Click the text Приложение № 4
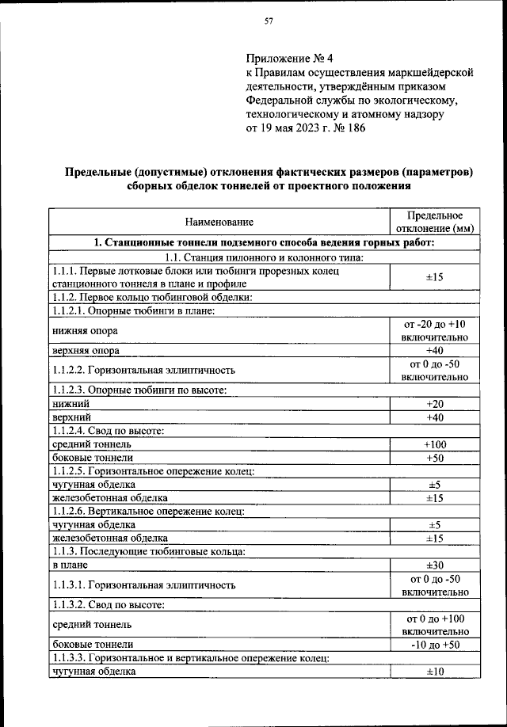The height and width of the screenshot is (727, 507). click(x=288, y=58)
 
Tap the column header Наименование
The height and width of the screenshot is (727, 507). click(x=219, y=223)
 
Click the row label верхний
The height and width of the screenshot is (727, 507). click(x=71, y=417)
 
